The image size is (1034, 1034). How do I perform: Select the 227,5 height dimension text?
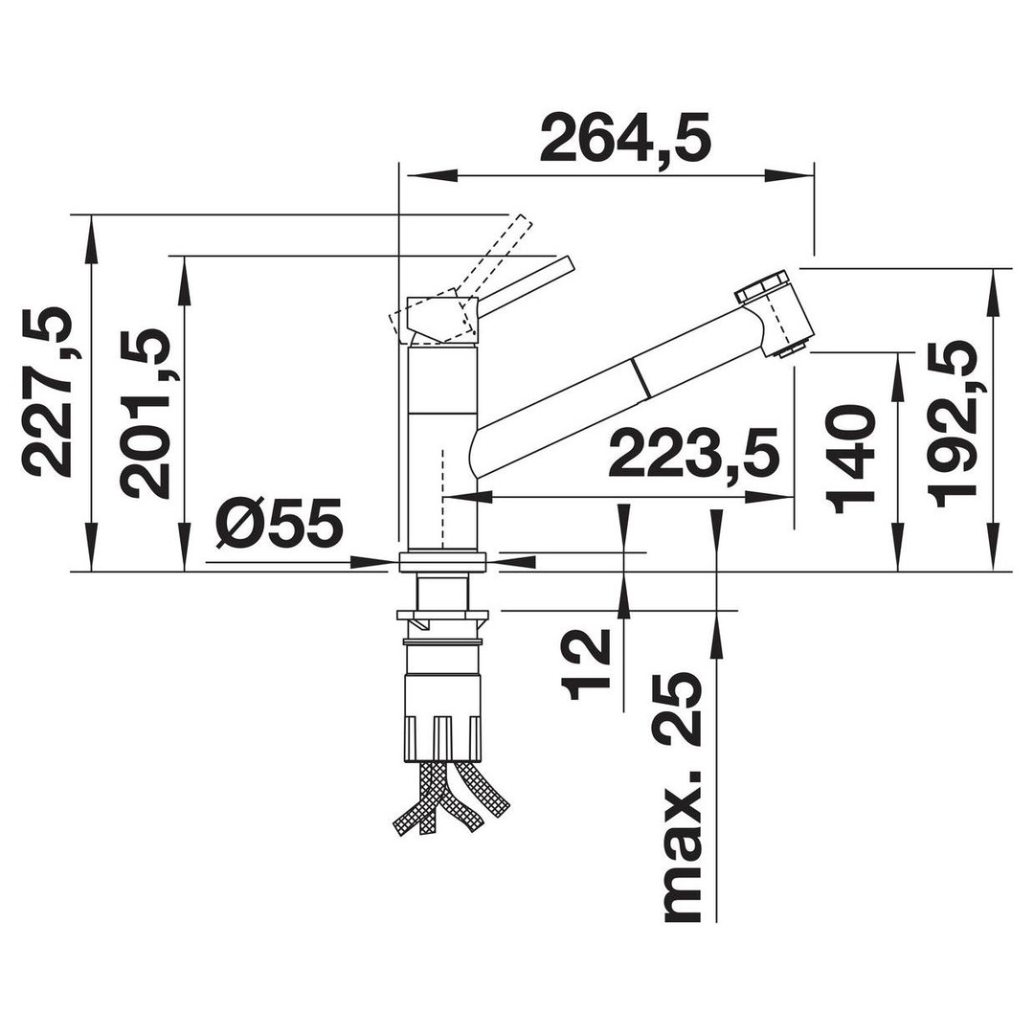[x=47, y=392]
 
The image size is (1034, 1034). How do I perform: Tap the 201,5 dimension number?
[x=146, y=415]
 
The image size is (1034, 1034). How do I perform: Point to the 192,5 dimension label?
[x=952, y=424]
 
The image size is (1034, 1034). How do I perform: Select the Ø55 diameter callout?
[x=280, y=523]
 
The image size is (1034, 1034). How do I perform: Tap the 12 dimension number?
[x=586, y=664]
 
